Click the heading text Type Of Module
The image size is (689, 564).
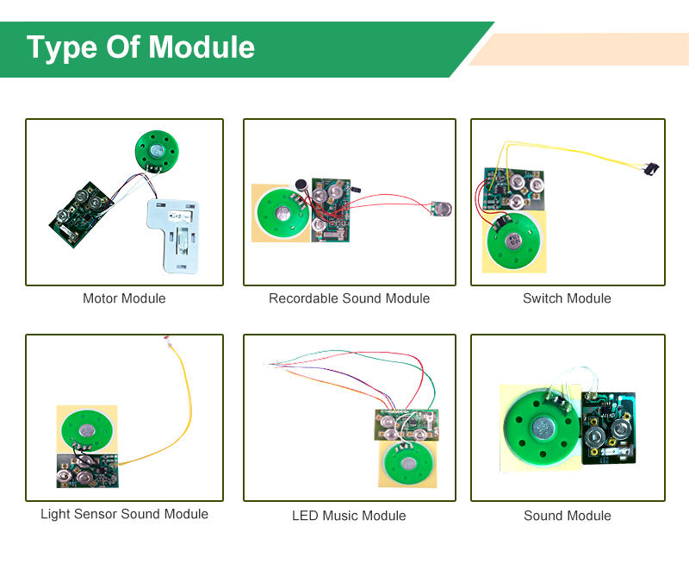coord(140,47)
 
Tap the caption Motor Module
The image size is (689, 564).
coord(124,298)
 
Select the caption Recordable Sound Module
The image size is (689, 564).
coord(349,298)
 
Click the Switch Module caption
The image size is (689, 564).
coord(567,298)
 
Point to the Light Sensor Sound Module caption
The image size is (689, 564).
coord(124,514)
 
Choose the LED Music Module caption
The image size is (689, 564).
coord(349,516)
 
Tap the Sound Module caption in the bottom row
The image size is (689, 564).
coord(567,516)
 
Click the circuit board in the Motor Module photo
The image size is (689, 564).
coord(78,211)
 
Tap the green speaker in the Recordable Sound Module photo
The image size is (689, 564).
coord(281,212)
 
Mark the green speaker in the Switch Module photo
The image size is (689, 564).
coord(512,241)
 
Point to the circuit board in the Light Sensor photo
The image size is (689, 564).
coord(86,471)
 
